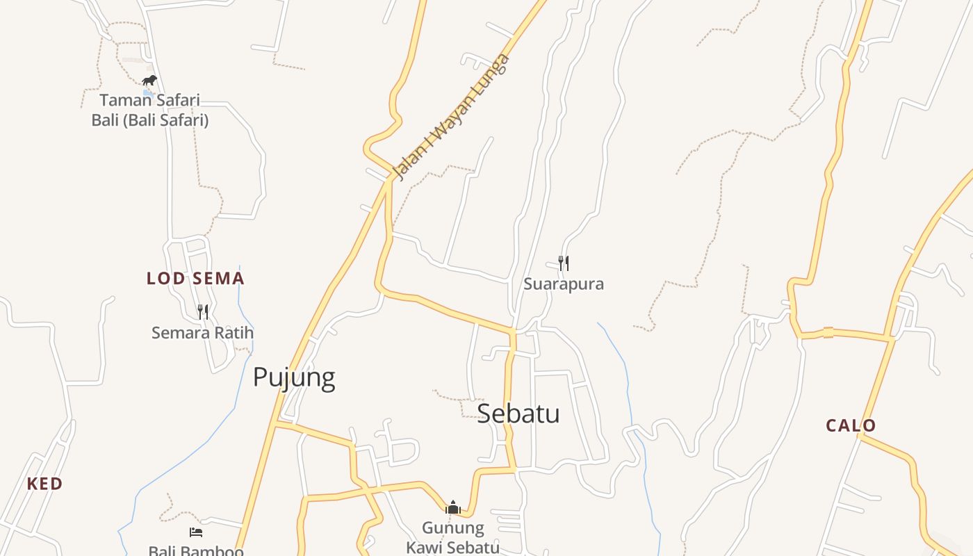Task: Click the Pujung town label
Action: tap(294, 377)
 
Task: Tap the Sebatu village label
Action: tap(518, 414)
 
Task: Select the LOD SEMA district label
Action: tap(195, 279)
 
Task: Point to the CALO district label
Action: tap(851, 425)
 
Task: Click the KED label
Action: tap(44, 484)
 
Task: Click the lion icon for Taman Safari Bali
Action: tap(149, 80)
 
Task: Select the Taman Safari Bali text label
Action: tap(150, 110)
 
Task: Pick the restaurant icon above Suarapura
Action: tap(564, 263)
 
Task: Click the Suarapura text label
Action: tap(564, 284)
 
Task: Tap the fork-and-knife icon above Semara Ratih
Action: tap(202, 311)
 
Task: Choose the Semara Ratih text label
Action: tap(202, 333)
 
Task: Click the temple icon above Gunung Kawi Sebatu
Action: tap(453, 507)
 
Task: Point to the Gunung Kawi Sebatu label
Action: tap(453, 538)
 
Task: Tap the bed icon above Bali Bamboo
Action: tap(196, 532)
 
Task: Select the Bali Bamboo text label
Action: tap(196, 551)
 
